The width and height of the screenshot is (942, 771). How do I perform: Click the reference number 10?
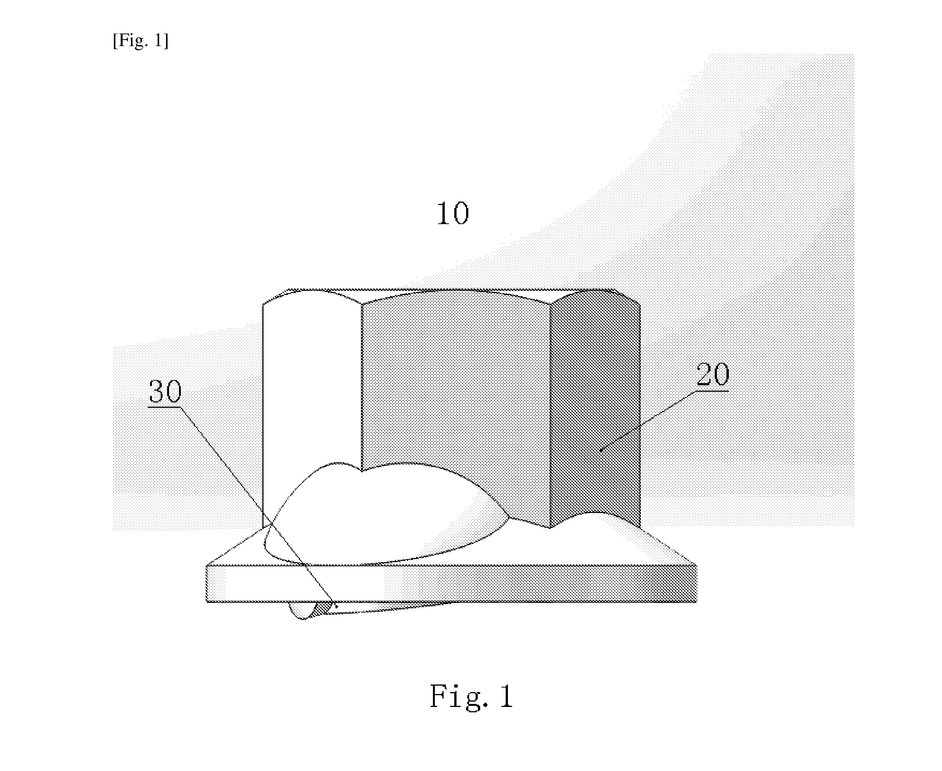(453, 214)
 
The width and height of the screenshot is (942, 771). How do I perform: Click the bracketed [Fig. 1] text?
(141, 40)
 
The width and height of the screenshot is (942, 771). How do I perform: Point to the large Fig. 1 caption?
(471, 696)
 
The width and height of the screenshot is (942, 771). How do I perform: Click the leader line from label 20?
(648, 421)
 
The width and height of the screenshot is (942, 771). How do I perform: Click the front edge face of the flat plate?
(451, 583)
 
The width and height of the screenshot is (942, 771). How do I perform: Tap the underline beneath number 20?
(712, 391)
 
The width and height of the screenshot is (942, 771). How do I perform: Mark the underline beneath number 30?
(164, 406)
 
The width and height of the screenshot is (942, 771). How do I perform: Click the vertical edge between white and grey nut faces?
(362, 386)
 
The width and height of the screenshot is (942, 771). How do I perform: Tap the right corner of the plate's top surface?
(696, 565)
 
